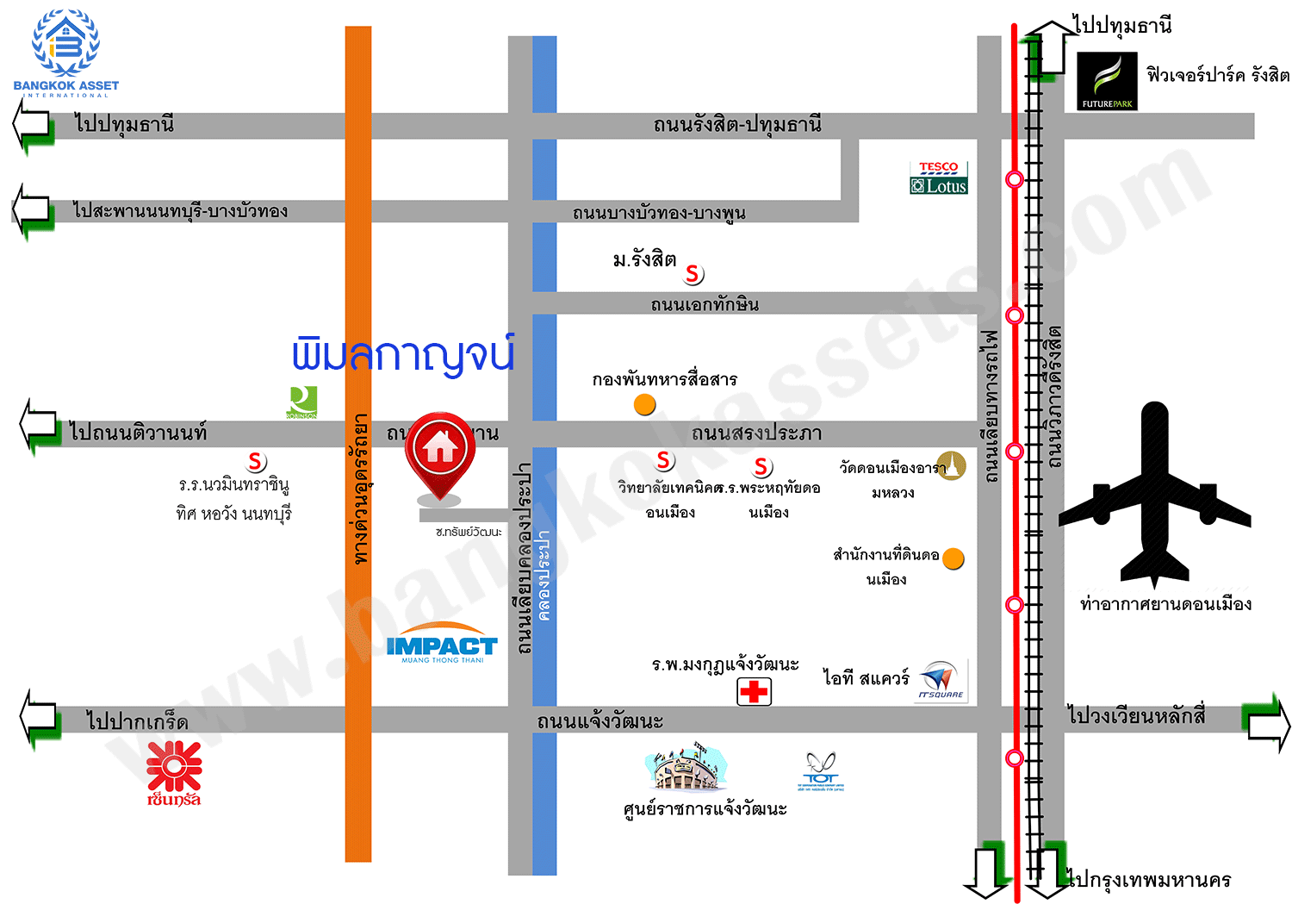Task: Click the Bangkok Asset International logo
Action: [65, 52]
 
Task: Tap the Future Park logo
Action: [1107, 81]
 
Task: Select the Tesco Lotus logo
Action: [939, 178]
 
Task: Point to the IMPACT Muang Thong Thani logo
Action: [442, 645]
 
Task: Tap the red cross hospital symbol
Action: [754, 691]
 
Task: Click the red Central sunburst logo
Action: [174, 771]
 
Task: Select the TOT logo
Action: [821, 770]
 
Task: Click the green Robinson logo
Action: [302, 402]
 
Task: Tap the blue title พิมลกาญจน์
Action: [402, 354]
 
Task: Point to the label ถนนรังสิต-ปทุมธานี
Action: [737, 125]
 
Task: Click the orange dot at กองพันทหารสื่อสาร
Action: [645, 404]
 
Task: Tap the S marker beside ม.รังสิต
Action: [693, 274]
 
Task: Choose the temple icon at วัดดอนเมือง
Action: [952, 465]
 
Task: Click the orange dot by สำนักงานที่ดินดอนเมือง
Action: [953, 559]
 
